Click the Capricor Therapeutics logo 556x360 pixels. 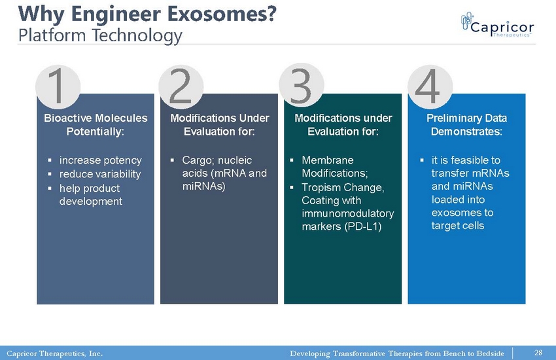click(498, 24)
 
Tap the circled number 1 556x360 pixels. click(58, 87)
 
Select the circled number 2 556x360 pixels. click(181, 87)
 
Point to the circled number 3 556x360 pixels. click(302, 86)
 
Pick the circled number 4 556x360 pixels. click(430, 87)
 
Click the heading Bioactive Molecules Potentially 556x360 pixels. click(96, 125)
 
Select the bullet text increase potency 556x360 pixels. click(100, 160)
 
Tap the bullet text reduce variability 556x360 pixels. click(100, 174)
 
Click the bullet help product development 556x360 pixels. click(91, 194)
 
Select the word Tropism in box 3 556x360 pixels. click(321, 188)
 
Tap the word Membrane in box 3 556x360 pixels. click(328, 160)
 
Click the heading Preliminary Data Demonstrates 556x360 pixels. click(466, 125)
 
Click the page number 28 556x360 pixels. click(538, 353)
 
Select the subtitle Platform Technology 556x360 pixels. click(100, 36)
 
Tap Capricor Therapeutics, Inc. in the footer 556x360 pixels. click(54, 353)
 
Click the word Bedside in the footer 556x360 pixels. click(490, 353)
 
